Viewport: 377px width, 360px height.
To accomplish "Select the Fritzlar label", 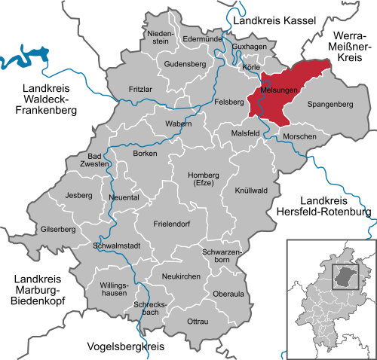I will pos(139,89).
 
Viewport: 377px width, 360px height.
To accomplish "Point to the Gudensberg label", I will pos(185,65).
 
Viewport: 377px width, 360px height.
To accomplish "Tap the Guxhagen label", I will pos(250,47).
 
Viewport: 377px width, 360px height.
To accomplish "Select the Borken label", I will pos(145,154).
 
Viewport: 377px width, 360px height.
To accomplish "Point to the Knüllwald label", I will pos(251,191).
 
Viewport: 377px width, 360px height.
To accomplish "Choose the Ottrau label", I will pos(197,322).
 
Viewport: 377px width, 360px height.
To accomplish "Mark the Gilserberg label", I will pos(58,229).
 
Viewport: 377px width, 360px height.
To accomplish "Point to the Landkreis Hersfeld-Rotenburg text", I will pos(336,206).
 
